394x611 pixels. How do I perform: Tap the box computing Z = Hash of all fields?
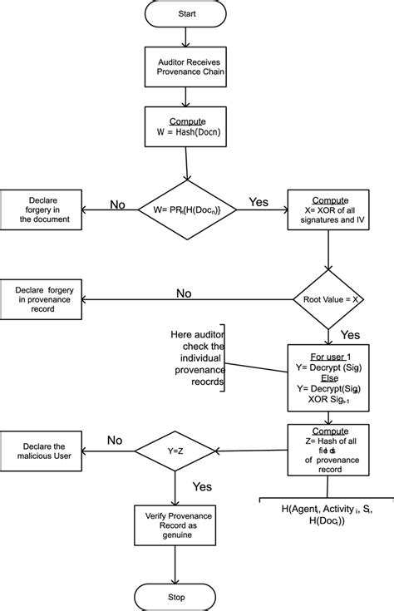[x=329, y=451]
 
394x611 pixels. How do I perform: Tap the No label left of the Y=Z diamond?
[x=115, y=441]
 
